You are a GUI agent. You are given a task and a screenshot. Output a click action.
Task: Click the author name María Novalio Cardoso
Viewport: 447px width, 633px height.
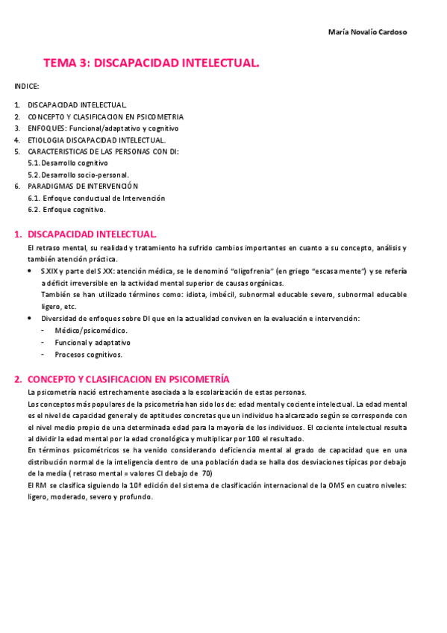click(368, 32)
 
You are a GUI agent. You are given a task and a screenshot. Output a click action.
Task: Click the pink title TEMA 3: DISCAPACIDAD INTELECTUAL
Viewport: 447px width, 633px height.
click(151, 64)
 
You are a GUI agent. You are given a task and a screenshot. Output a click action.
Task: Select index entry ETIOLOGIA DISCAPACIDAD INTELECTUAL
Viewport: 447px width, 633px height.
click(97, 140)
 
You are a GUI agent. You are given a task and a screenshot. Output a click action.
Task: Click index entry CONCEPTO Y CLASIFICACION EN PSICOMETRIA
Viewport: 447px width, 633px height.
click(105, 117)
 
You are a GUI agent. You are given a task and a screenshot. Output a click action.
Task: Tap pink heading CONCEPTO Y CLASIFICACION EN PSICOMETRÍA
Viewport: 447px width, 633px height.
click(128, 379)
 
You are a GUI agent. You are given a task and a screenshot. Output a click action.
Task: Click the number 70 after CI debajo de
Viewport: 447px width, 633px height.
click(207, 473)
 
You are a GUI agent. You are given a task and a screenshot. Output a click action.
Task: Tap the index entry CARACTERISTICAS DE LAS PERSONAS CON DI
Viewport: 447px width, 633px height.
click(103, 152)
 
